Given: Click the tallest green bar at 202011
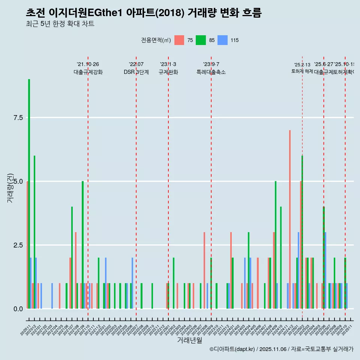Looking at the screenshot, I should [x=29, y=194].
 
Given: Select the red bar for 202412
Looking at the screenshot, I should [x=290, y=219].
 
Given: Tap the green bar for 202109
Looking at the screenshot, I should [x=82, y=245].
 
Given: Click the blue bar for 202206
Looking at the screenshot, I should [x=132, y=283].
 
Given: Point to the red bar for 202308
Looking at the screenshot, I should [x=204, y=270].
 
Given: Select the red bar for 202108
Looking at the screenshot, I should [x=76, y=270].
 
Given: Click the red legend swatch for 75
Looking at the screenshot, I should [x=179, y=40].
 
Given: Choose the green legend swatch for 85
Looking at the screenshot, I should [x=201, y=40].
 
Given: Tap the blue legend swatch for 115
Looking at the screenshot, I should [x=223, y=40].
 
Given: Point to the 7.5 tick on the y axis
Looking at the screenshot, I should [x=19, y=118].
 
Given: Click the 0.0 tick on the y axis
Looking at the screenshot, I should [x=19, y=309].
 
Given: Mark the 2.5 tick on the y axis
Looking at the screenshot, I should [x=19, y=245].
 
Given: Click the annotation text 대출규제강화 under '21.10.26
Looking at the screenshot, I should [x=88, y=72].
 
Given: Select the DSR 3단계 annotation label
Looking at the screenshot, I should [x=136, y=72].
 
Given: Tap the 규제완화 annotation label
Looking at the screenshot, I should [x=168, y=72].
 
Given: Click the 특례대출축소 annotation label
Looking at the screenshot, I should [x=211, y=72].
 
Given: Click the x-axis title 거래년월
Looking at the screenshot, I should [x=189, y=340].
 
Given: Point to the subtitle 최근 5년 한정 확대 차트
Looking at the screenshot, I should [x=60, y=24].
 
